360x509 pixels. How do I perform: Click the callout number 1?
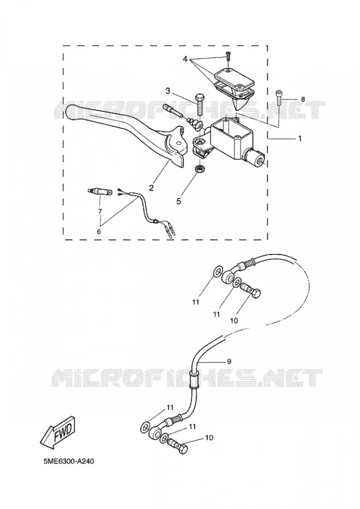tap(300, 139)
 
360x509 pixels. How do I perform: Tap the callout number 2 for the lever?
tap(151, 187)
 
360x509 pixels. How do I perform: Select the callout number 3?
tap(168, 91)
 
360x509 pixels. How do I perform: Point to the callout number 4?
tap(185, 59)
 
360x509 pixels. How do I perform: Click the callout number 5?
tap(178, 201)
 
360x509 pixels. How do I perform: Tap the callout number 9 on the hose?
tap(229, 361)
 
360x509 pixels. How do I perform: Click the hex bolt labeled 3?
tap(199, 103)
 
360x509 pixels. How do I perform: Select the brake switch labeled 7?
tap(100, 192)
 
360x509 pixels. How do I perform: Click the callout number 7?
tap(100, 212)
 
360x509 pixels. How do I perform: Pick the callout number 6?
tap(98, 231)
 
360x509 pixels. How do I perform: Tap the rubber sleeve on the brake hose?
tap(193, 379)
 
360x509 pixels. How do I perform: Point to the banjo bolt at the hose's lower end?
tap(178, 447)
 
